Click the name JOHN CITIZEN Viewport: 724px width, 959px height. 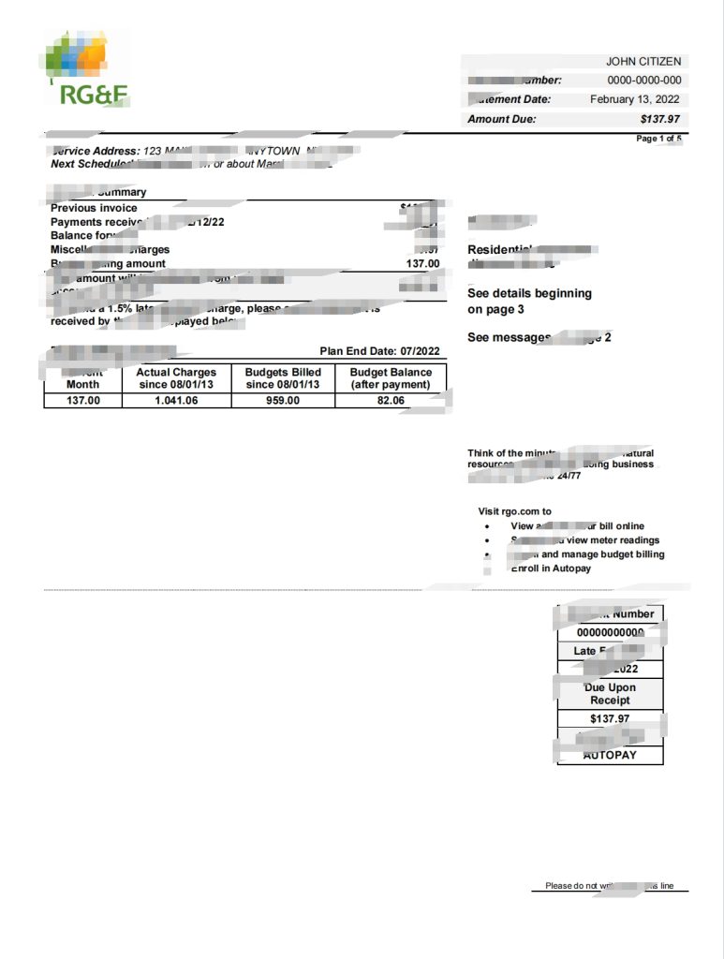coord(643,62)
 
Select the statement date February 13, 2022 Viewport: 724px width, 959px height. coord(635,99)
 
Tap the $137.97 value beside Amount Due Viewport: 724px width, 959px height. coord(660,119)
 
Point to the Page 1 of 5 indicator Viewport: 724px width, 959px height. coord(658,139)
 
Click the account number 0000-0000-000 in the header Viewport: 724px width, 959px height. coord(644,81)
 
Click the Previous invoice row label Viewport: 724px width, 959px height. coord(94,208)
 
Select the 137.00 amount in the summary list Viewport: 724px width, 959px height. coord(421,264)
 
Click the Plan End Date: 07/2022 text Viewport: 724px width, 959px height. coord(379,351)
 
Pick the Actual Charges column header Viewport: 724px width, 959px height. coord(176,378)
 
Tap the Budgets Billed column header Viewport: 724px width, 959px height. coord(283,378)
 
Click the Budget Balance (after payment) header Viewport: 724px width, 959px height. coord(391,378)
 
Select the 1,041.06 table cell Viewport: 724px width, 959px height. coord(176,401)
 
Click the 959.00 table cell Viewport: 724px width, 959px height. coord(283,401)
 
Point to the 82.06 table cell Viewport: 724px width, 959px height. coord(391,401)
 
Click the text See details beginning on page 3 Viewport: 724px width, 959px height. coord(529,301)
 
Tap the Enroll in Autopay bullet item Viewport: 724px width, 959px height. coord(551,568)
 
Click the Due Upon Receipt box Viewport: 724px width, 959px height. coord(610,694)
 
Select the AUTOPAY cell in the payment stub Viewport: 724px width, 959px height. coord(610,754)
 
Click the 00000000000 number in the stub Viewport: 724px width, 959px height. coord(610,632)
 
